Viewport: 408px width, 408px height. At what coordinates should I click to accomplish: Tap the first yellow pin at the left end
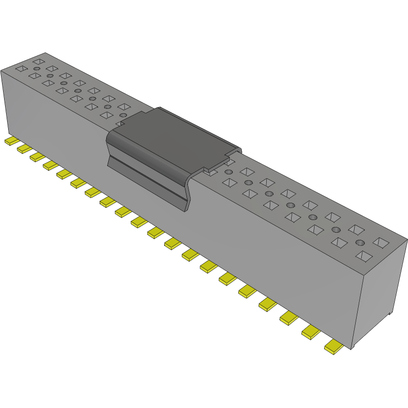(12, 141)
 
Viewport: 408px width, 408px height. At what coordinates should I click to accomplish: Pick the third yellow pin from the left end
(37, 156)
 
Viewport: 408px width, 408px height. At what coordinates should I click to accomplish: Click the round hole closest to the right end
(360, 242)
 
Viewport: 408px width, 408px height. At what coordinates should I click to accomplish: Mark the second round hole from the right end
(336, 230)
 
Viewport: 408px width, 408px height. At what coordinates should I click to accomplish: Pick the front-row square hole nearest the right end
(364, 256)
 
